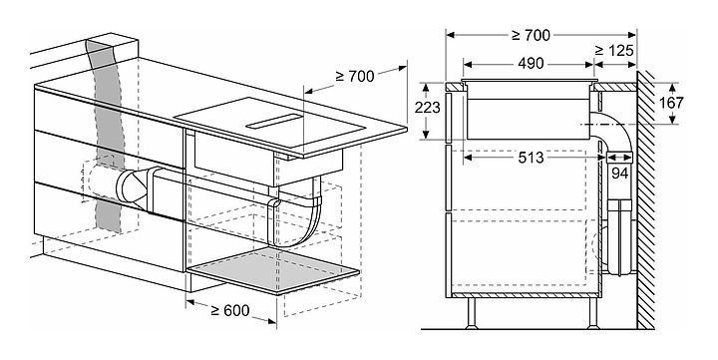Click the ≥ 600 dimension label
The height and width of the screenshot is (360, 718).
tap(230, 310)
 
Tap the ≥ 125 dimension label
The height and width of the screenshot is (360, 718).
tap(614, 51)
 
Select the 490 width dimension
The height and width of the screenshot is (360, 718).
tap(531, 64)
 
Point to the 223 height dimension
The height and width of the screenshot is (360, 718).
tap(427, 108)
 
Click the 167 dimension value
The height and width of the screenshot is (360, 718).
tap(671, 103)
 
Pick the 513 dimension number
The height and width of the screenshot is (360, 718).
tap(531, 158)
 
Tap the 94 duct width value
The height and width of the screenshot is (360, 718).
tap(619, 173)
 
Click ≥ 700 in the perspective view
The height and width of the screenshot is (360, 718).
tap(355, 76)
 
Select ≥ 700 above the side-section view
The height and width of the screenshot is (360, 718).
tap(531, 35)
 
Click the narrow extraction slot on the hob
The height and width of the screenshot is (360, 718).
tap(274, 121)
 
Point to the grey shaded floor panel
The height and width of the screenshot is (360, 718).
tap(273, 270)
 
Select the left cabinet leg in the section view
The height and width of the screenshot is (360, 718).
tap(471, 313)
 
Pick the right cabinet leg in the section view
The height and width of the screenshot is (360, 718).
tap(593, 313)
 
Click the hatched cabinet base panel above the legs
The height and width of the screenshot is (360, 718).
tap(525, 295)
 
